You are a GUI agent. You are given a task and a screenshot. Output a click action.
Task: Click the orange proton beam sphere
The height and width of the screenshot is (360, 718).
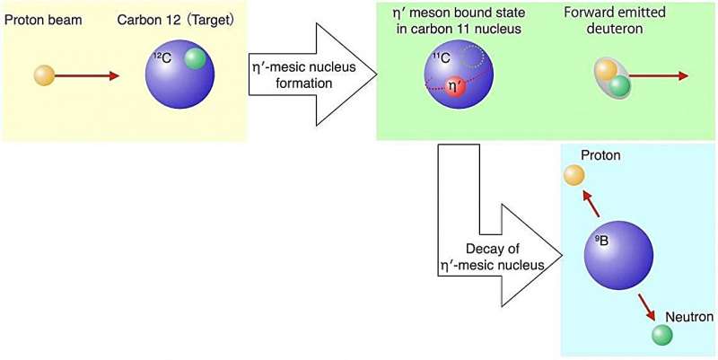point(44,75)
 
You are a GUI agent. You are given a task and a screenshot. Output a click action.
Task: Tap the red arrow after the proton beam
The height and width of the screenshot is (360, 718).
point(87,76)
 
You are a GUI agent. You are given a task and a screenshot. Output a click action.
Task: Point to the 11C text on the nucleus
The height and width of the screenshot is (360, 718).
point(441,61)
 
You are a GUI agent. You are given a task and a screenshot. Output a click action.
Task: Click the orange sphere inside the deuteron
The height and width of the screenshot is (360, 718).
point(606,69)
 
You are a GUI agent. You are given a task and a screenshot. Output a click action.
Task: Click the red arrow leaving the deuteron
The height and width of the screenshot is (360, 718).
point(658,76)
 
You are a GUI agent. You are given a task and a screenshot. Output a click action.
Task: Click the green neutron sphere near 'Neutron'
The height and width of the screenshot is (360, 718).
point(662,336)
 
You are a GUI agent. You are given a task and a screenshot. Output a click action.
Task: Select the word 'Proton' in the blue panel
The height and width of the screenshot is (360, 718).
point(600,156)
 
